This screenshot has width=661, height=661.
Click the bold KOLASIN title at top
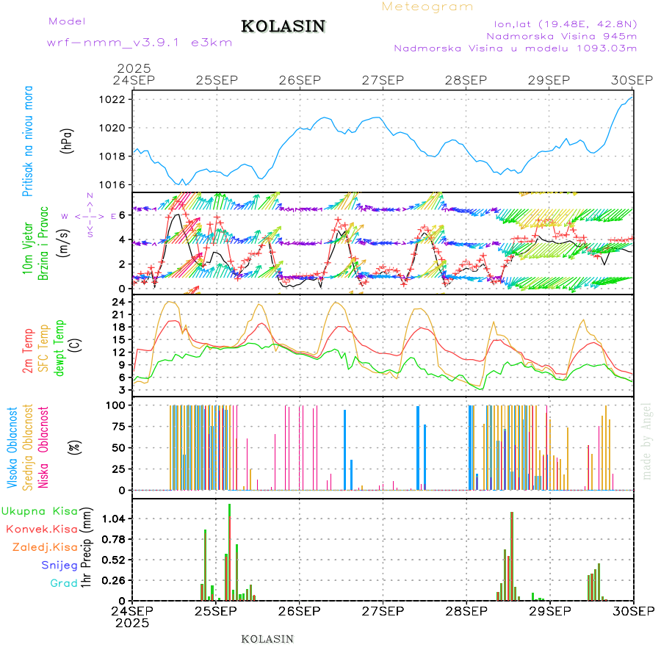pyautogui.click(x=283, y=26)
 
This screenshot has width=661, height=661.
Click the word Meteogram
pyautogui.click(x=427, y=7)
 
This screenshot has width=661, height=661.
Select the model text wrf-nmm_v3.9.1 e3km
pyautogui.click(x=140, y=42)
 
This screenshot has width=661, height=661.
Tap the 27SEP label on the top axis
pyautogui.click(x=383, y=79)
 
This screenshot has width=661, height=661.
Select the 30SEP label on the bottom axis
pyautogui.click(x=632, y=611)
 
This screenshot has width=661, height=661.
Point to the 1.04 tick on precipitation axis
pyautogui.click(x=115, y=519)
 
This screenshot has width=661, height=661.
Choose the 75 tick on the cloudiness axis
pyautogui.click(x=119, y=426)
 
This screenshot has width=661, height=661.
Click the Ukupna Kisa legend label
pyautogui.click(x=40, y=510)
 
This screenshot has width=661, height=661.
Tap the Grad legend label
pyautogui.click(x=64, y=584)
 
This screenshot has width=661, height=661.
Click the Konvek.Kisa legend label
pyautogui.click(x=42, y=529)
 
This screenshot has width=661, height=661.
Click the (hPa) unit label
pyautogui.click(x=67, y=141)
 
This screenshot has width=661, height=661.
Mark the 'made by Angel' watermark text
pyautogui.click(x=646, y=441)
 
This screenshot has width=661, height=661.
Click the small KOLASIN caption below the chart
pyautogui.click(x=267, y=639)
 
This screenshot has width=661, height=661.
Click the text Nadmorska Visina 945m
pyautogui.click(x=561, y=35)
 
